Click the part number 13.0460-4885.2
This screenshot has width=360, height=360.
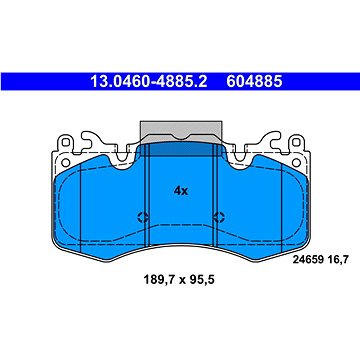pos(149,81)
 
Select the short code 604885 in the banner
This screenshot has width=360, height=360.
pos(254,81)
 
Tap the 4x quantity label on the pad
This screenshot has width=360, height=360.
pos(181,191)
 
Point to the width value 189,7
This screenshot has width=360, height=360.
pos(158,279)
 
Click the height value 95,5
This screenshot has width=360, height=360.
pos(201,279)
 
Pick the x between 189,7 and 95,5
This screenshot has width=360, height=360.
pos(181,280)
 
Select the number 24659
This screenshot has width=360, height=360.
pos(307,260)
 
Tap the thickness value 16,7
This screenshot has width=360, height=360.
pos(336,260)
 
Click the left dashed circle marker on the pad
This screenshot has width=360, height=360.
pos(143,217)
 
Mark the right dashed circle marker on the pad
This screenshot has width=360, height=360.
pos(219,217)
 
